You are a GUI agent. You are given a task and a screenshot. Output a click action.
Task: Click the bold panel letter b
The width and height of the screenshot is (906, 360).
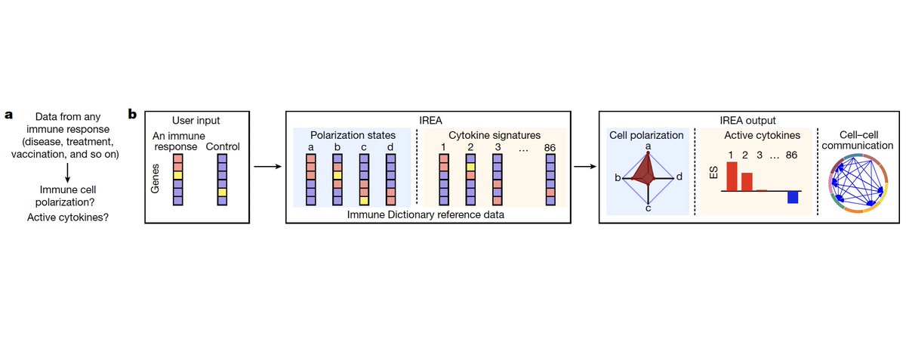tap(133, 115)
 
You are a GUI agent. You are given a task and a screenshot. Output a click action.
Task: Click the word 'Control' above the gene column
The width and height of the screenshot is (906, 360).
tap(223, 146)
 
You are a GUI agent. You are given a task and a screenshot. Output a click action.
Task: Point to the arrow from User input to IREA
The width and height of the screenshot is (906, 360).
tap(269, 166)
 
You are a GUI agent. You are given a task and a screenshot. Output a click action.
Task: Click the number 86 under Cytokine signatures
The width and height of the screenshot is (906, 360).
tap(549, 146)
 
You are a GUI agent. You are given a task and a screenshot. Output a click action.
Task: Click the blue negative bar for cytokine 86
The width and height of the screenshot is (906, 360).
tap(793, 197)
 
